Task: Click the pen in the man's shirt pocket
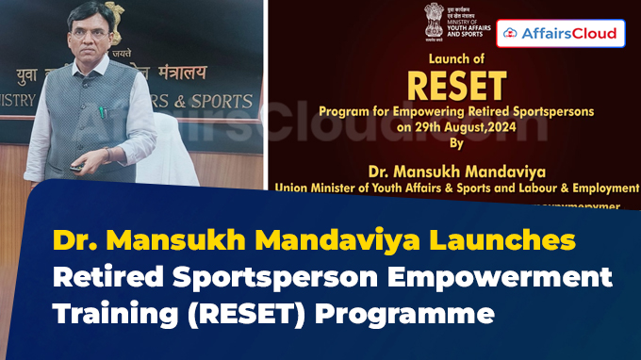coord(101,111)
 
